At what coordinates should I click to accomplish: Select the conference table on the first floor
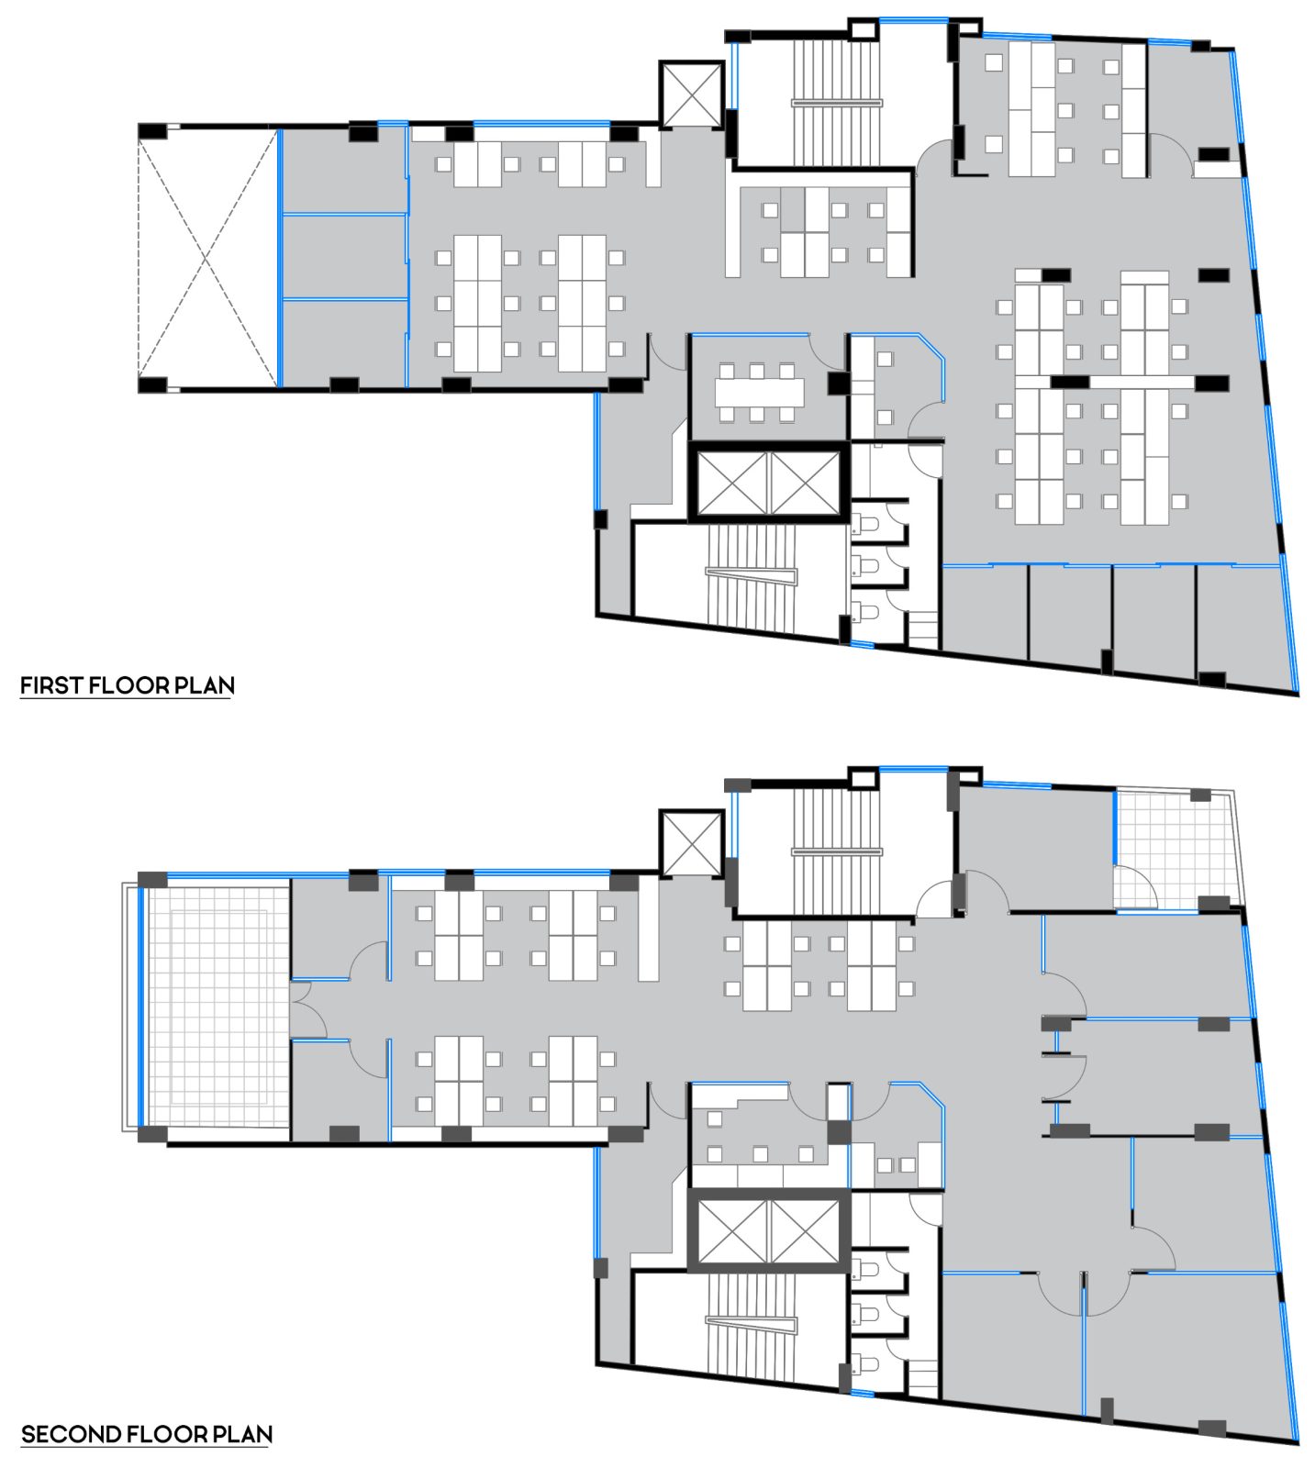(759, 393)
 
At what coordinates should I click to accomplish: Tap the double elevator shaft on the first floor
(768, 483)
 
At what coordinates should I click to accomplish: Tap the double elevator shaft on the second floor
(768, 1231)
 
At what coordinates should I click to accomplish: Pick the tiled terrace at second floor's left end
(217, 1007)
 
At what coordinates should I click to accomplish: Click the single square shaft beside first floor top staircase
(690, 93)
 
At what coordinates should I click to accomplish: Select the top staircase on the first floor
(835, 101)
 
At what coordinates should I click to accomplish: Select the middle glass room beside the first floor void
(344, 257)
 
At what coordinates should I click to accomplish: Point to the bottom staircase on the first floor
(751, 576)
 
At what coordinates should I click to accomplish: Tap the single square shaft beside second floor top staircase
(690, 841)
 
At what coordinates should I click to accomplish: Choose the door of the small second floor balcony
(1133, 887)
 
